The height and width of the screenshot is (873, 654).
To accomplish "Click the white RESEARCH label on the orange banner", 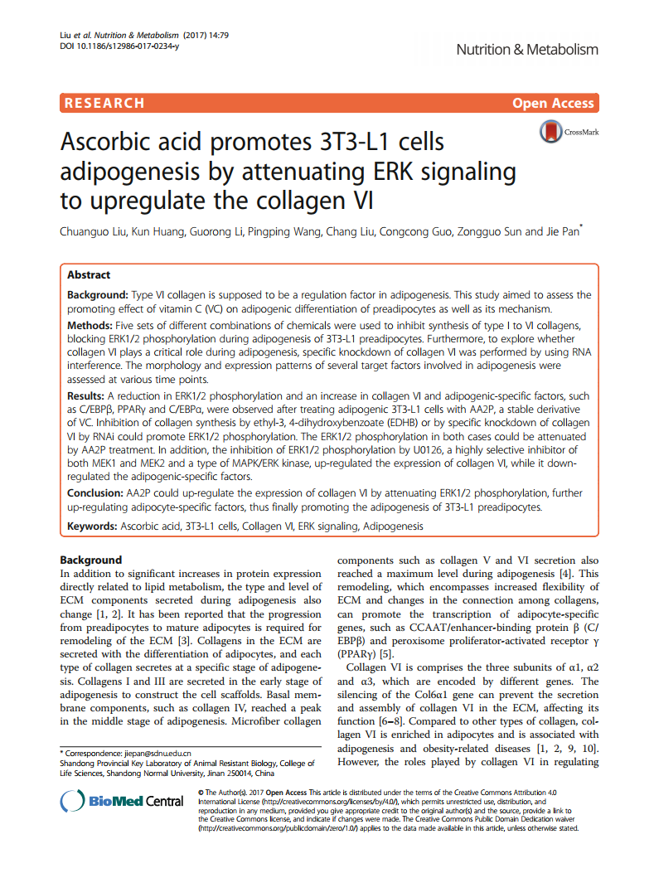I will pyautogui.click(x=104, y=104).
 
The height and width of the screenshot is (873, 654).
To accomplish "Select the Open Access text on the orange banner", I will pyautogui.click(x=553, y=104).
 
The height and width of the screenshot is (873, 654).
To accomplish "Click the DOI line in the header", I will pyautogui.click(x=119, y=46).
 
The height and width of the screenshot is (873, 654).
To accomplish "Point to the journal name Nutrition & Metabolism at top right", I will pyautogui.click(x=527, y=50).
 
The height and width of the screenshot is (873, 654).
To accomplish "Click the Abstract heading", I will pyautogui.click(x=89, y=275).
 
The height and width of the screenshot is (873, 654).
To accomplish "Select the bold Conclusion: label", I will pyautogui.click(x=95, y=493).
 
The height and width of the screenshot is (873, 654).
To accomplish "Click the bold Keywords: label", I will pyautogui.click(x=92, y=526).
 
